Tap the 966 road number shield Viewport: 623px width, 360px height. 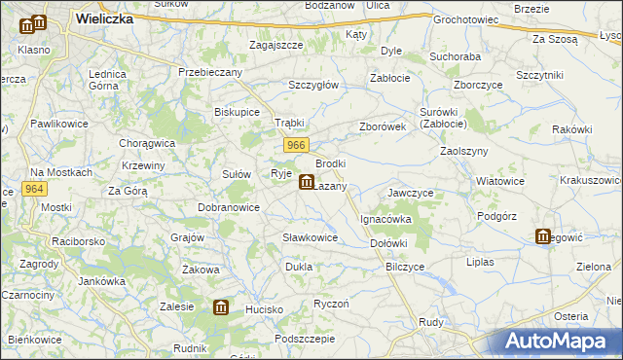pyautogui.click(x=298, y=145)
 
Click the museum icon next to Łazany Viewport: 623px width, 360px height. pyautogui.click(x=306, y=182)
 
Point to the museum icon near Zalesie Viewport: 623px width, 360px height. pyautogui.click(x=221, y=308)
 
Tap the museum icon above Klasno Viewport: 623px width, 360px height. pyautogui.click(x=38, y=23)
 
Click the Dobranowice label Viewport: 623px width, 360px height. pyautogui.click(x=229, y=207)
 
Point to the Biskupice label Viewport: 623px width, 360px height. pyautogui.click(x=237, y=112)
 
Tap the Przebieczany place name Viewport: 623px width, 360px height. pyautogui.click(x=209, y=71)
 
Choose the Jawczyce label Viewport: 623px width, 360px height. pyautogui.click(x=410, y=193)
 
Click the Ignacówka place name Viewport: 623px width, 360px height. pyautogui.click(x=386, y=220)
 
